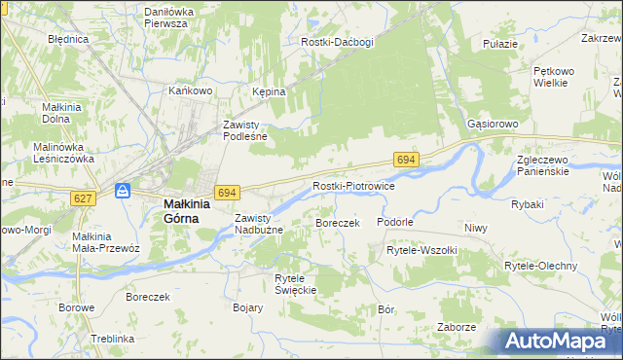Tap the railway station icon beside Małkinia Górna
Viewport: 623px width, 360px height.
pos(123,191)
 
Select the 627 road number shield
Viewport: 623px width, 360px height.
pos(82,198)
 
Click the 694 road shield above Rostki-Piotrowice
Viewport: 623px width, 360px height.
pos(407,159)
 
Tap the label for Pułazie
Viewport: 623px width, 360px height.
pos(499,45)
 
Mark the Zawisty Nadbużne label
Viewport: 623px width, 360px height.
pos(259,224)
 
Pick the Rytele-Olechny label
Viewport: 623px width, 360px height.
pos(540,266)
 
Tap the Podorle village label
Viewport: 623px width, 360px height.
pos(396,222)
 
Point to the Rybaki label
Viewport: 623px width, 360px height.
pos(527,205)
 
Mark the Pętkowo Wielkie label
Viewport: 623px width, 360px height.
pos(556,78)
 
